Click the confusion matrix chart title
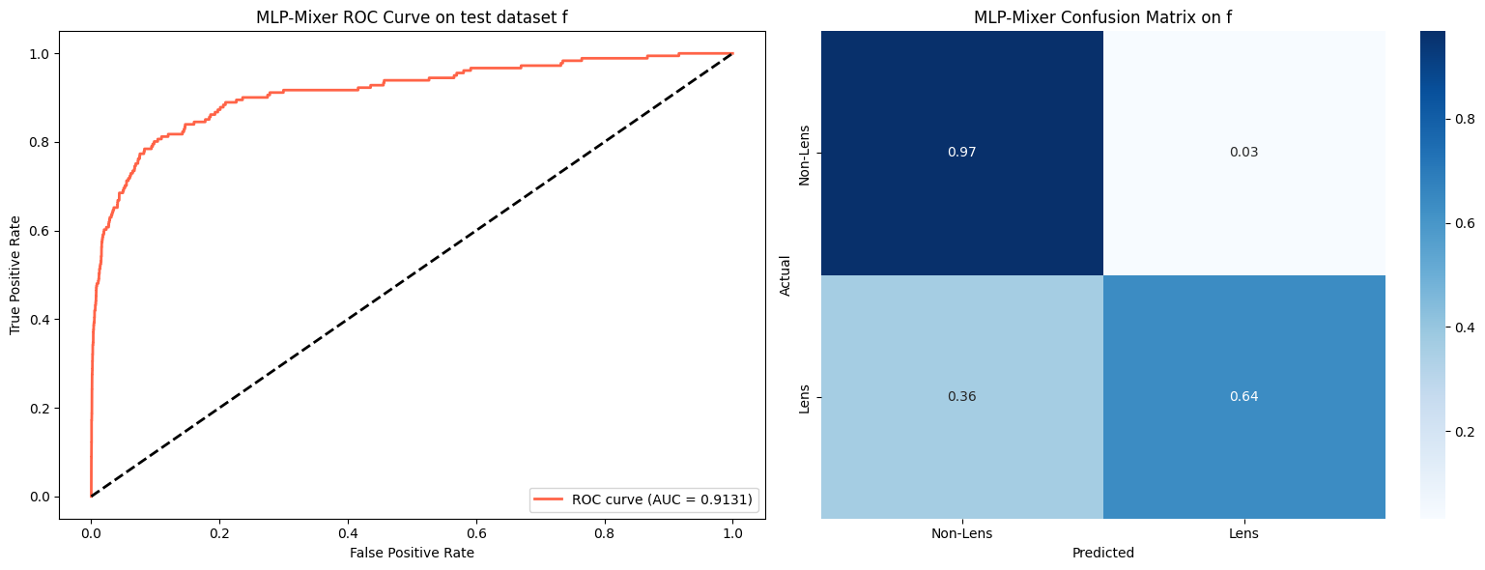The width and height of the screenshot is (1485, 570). point(1102,16)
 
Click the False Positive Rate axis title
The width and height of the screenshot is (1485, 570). point(413,553)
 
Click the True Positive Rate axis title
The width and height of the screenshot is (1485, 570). point(15,275)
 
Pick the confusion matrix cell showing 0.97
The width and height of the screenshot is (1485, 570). point(962,153)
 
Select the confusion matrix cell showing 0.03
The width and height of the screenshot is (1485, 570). point(1243,153)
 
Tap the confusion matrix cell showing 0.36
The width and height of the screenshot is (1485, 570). point(962,397)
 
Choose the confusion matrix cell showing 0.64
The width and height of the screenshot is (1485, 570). point(1243,397)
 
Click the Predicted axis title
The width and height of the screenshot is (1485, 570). point(1102,554)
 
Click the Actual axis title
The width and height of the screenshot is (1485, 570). point(785,275)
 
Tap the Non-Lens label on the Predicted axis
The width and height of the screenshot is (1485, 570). point(962,533)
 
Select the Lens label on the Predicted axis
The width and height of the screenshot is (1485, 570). point(1243,533)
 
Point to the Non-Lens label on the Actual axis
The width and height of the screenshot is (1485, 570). point(805,153)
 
